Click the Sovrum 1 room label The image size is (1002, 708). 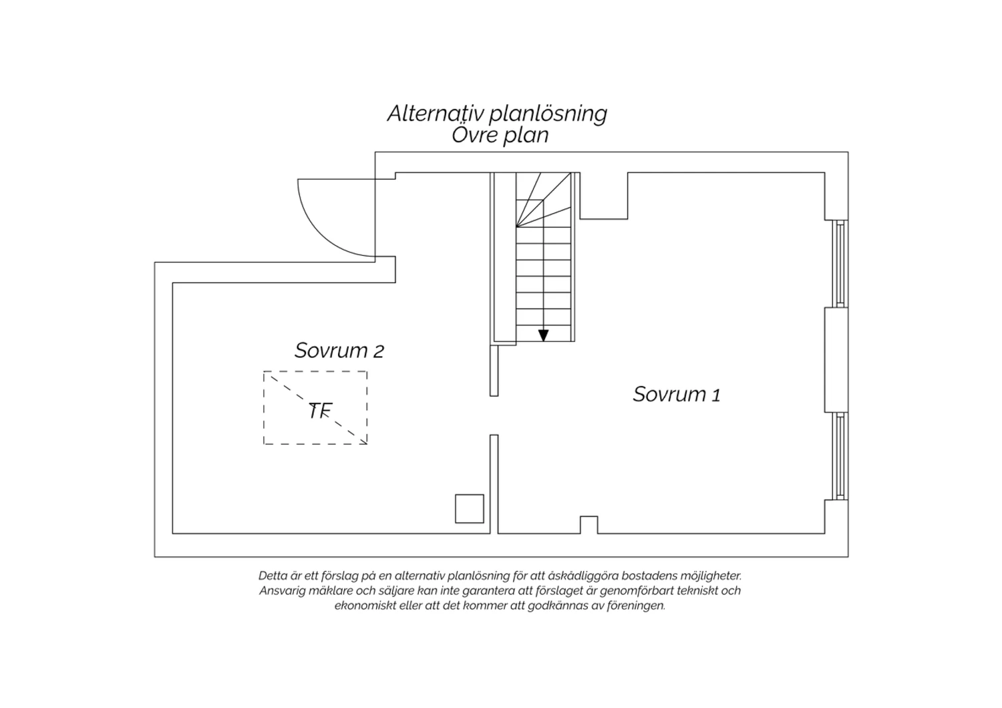(676, 395)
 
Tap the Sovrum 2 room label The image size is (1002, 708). (339, 351)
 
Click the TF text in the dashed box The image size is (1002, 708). (320, 411)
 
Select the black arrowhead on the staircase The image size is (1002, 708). (544, 335)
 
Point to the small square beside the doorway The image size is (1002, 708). (469, 508)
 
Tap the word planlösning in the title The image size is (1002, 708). (548, 114)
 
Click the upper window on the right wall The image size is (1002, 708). (840, 263)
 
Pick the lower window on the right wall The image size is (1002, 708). (840, 456)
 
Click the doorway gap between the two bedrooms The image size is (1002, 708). (494, 415)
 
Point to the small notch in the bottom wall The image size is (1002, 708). (589, 524)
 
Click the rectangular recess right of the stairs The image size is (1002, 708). (604, 196)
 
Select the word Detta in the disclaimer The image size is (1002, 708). (270, 576)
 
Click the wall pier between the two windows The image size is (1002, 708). (836, 359)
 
